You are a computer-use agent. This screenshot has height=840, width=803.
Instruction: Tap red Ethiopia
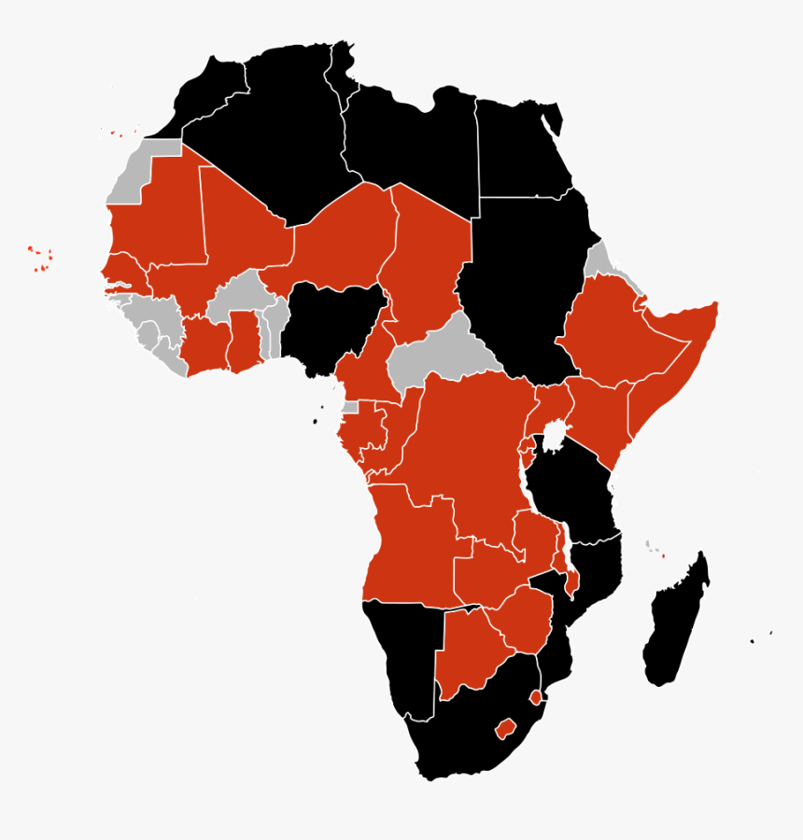607,336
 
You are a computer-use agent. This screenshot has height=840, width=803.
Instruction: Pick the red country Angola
411,551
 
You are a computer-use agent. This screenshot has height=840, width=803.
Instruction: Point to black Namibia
401,653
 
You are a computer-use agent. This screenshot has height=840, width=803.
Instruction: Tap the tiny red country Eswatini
535,697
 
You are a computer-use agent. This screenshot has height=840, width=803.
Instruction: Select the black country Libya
411,140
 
